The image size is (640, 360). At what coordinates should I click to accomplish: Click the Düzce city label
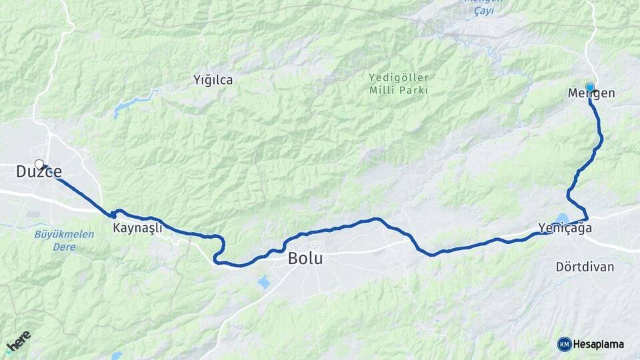[x=39, y=172]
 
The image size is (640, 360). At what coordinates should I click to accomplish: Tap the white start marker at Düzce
[x=39, y=164]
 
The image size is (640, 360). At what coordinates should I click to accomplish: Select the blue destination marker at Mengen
[x=589, y=87]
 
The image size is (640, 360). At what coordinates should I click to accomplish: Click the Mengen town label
[x=591, y=94]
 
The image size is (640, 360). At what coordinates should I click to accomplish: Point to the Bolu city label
[x=305, y=258]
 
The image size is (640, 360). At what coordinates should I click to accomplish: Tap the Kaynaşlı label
[x=137, y=228]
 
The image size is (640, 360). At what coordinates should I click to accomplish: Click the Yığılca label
[x=213, y=80]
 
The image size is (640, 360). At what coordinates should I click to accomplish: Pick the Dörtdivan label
[x=585, y=266]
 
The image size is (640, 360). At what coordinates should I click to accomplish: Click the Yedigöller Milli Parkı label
[x=399, y=84]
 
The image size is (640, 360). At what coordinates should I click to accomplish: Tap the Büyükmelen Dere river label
[x=55, y=240]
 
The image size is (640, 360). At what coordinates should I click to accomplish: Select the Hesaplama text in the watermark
[x=598, y=344]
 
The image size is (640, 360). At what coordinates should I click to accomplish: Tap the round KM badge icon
[x=564, y=344]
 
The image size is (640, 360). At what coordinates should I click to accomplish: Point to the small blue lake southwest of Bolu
[x=264, y=282]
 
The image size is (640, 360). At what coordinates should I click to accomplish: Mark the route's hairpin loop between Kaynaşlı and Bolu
[x=217, y=250]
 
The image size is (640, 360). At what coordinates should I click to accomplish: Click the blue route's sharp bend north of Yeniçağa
[x=569, y=194]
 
